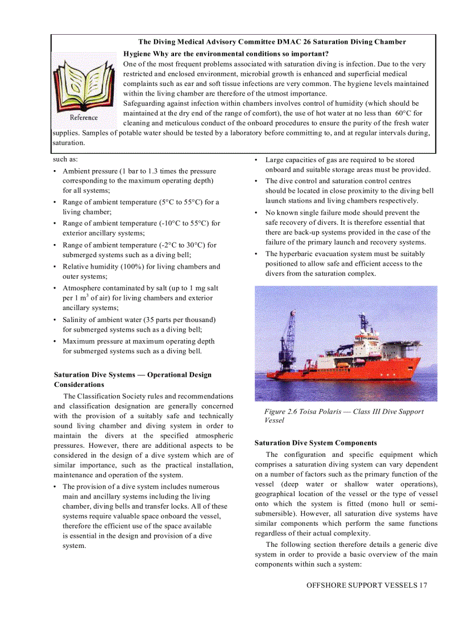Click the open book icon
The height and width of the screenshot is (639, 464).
(x=84, y=84)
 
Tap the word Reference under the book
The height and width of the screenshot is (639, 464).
(x=84, y=117)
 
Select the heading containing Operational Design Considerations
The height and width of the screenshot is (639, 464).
(x=132, y=380)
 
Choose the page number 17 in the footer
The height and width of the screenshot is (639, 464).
(x=422, y=585)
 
